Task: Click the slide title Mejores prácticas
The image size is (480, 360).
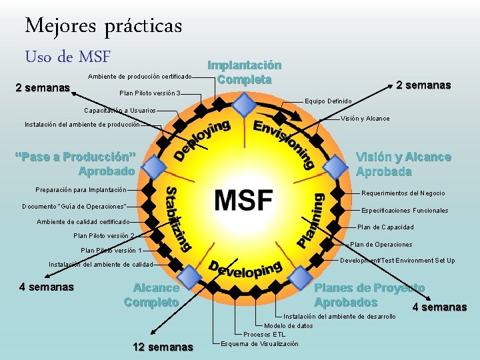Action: click(x=103, y=26)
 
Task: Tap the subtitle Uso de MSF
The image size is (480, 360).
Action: click(x=67, y=57)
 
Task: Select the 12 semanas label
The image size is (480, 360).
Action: click(x=163, y=347)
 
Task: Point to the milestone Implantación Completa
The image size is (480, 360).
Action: click(x=245, y=72)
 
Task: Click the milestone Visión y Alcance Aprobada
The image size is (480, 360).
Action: click(x=403, y=164)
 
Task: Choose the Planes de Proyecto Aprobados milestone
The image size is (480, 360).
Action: click(x=369, y=295)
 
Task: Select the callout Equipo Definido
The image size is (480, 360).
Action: click(x=328, y=101)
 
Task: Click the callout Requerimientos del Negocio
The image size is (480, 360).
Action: click(x=403, y=193)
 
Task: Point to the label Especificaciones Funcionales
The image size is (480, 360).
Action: click(x=405, y=210)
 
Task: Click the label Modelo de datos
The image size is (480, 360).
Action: click(x=288, y=325)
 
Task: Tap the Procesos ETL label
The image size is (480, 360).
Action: click(x=264, y=334)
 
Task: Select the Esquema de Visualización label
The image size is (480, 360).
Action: click(x=259, y=343)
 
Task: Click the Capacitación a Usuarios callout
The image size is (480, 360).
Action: click(x=120, y=110)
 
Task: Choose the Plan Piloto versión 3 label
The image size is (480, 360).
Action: click(x=150, y=93)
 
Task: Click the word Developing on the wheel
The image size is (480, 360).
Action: click(x=245, y=268)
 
